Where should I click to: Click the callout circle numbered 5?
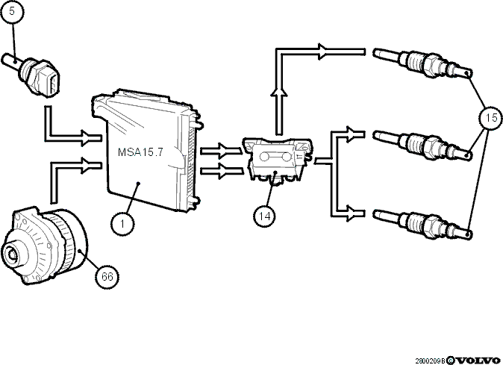pyautogui.click(x=12, y=12)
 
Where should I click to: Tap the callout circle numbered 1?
pyautogui.click(x=122, y=223)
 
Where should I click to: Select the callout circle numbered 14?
pyautogui.click(x=265, y=216)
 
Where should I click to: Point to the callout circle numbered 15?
pyautogui.click(x=491, y=118)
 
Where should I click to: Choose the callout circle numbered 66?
pyautogui.click(x=107, y=276)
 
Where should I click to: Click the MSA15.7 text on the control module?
pyautogui.click(x=140, y=152)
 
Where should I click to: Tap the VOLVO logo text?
pyautogui.click(x=478, y=361)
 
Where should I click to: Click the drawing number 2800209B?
pyautogui.click(x=431, y=361)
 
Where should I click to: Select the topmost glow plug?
pyautogui.click(x=422, y=63)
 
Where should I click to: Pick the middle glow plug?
pyautogui.click(x=422, y=145)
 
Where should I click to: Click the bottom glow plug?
pyautogui.click(x=422, y=224)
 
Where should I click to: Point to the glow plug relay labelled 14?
pyautogui.click(x=277, y=160)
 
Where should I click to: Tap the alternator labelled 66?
pyautogui.click(x=45, y=246)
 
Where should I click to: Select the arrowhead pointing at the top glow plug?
pyautogui.click(x=323, y=52)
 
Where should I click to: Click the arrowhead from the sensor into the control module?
pyautogui.click(x=88, y=138)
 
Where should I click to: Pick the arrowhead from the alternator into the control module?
pyautogui.click(x=88, y=166)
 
